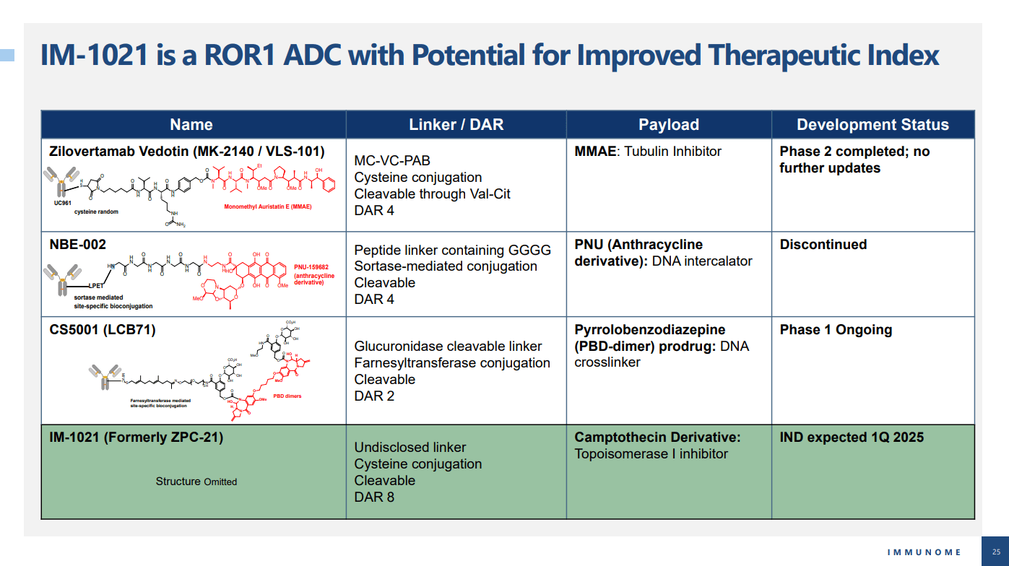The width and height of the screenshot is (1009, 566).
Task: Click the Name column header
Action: pyautogui.click(x=191, y=125)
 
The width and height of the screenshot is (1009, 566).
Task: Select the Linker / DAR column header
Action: pyautogui.click(x=456, y=125)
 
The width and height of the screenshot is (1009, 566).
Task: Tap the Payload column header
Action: pyautogui.click(x=669, y=125)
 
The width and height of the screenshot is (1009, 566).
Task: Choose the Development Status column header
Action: pyautogui.click(x=872, y=125)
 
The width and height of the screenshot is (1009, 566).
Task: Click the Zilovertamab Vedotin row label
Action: pyautogui.click(x=186, y=152)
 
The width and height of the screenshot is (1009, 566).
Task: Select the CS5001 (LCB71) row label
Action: pyautogui.click(x=102, y=330)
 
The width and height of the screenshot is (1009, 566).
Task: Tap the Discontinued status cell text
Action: pyautogui.click(x=823, y=245)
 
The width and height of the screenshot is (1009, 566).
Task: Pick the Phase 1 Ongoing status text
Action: pyautogui.click(x=836, y=330)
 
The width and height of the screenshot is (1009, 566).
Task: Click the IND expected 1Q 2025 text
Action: pyautogui.click(x=852, y=437)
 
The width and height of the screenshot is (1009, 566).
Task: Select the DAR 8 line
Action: pyautogui.click(x=374, y=497)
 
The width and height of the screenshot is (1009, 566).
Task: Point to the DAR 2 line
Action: pyautogui.click(x=374, y=396)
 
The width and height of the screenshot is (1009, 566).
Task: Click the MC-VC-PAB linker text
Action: pyautogui.click(x=392, y=160)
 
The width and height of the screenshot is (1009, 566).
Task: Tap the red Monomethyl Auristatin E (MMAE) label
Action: pyautogui.click(x=268, y=206)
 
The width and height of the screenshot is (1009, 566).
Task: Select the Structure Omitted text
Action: pyautogui.click(x=196, y=482)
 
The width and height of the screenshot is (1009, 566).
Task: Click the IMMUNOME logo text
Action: pyautogui.click(x=924, y=552)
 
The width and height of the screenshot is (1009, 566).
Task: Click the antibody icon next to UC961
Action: pyautogui.click(x=61, y=181)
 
